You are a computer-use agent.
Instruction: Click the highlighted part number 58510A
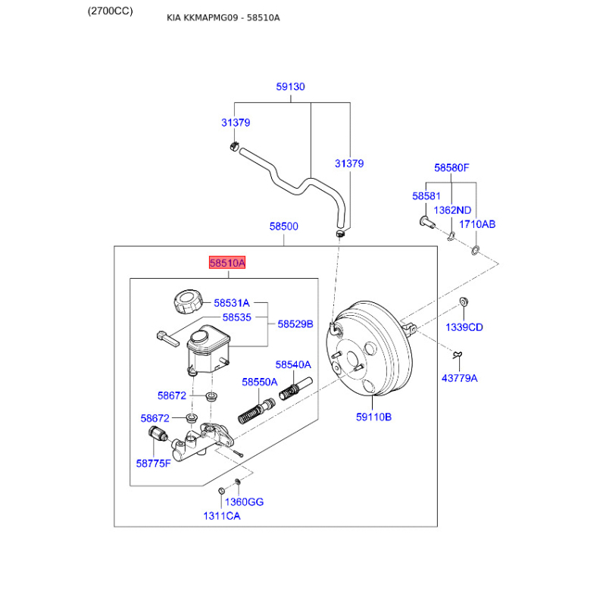click(227, 263)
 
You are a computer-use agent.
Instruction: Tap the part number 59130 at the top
click(290, 87)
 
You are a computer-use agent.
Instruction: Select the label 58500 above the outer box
click(284, 226)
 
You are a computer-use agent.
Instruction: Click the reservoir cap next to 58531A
click(187, 301)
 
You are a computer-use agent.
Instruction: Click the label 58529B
click(295, 323)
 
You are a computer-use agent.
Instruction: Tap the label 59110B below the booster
click(373, 416)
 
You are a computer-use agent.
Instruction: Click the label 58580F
click(451, 167)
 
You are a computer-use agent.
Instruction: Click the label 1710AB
click(479, 224)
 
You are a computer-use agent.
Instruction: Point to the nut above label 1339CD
click(464, 303)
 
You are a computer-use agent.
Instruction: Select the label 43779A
click(460, 378)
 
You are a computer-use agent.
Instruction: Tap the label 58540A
click(293, 364)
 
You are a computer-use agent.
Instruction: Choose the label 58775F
click(154, 462)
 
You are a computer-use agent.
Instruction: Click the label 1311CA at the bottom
click(221, 516)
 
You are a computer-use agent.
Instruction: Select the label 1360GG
click(245, 502)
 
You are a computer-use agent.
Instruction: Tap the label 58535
click(236, 317)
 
